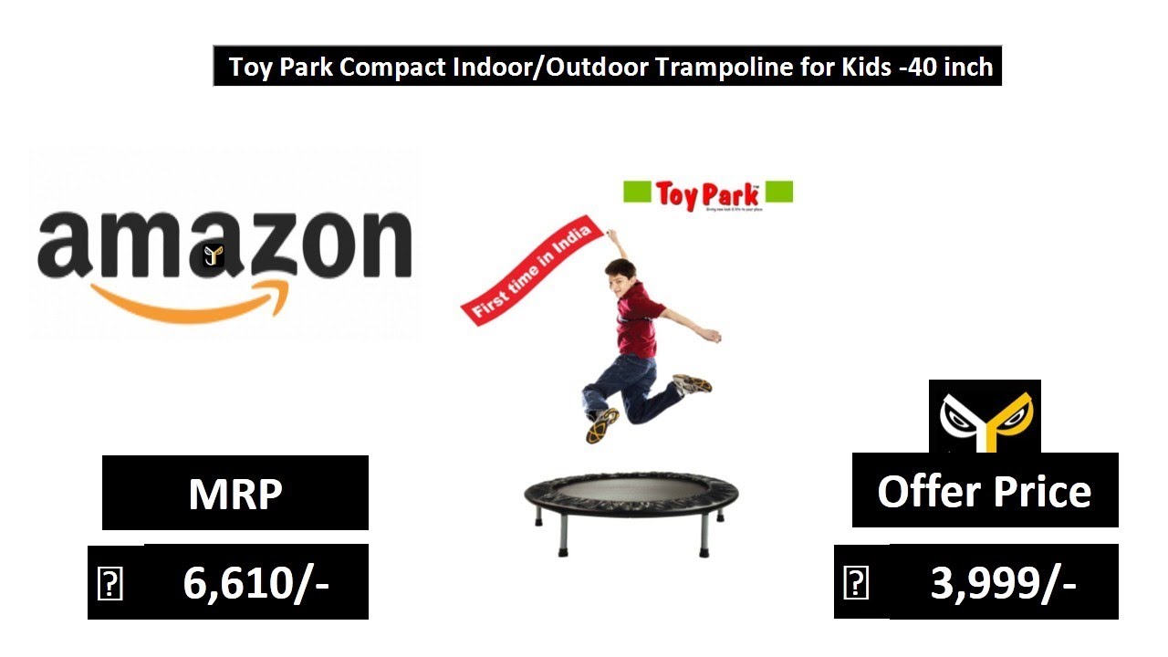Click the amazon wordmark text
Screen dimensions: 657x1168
pyautogui.click(x=224, y=244)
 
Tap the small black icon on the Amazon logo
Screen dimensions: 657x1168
pyautogui.click(x=214, y=255)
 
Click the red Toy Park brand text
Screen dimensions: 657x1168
pyautogui.click(x=706, y=193)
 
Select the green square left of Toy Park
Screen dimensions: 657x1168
pyautogui.click(x=636, y=193)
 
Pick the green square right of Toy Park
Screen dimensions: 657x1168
pyautogui.click(x=779, y=192)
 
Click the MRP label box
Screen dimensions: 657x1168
pyautogui.click(x=235, y=493)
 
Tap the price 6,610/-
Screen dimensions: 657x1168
pyautogui.click(x=255, y=582)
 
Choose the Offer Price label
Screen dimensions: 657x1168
pyautogui.click(x=985, y=491)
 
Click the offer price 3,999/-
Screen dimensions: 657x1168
pyautogui.click(x=1003, y=582)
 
